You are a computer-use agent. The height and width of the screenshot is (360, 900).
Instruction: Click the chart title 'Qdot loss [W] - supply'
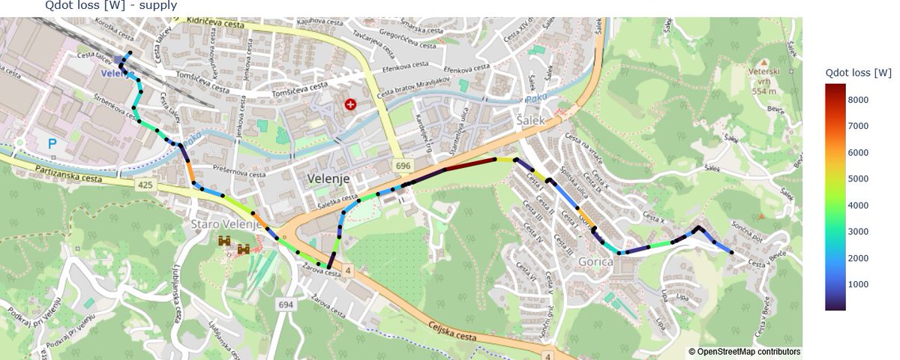click(111, 5)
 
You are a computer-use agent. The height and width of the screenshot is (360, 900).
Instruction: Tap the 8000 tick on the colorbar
click(859, 100)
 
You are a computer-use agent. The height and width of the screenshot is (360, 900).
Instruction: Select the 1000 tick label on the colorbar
click(859, 284)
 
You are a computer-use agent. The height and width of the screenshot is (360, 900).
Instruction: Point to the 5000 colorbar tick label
click(859, 178)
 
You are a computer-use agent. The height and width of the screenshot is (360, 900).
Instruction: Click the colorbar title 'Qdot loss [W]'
click(858, 73)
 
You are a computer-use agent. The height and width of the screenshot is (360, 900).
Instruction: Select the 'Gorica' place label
click(597, 261)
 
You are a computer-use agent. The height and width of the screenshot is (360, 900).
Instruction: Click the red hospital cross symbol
click(350, 104)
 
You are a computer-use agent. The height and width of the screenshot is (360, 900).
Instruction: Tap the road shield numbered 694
click(286, 304)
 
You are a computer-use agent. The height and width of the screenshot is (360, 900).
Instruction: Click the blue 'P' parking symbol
click(52, 142)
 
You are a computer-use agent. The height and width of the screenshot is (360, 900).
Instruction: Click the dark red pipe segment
click(471, 163)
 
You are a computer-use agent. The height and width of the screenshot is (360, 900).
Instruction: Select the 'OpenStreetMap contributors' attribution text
click(745, 351)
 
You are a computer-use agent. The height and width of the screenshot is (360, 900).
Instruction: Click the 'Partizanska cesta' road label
click(63, 178)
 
